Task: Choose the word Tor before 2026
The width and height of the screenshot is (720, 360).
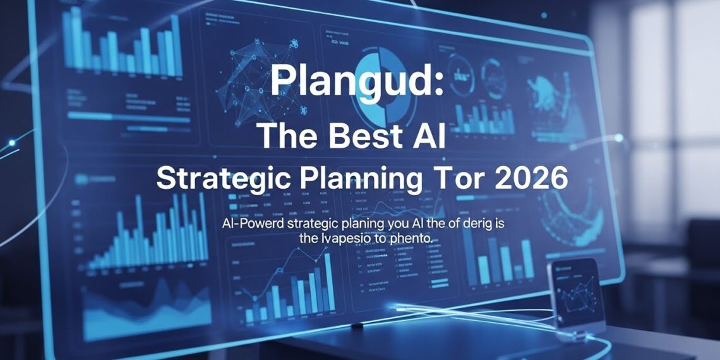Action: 456,179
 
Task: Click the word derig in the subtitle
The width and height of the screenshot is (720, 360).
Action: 473,224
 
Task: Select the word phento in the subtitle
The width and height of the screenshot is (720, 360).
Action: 413,239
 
